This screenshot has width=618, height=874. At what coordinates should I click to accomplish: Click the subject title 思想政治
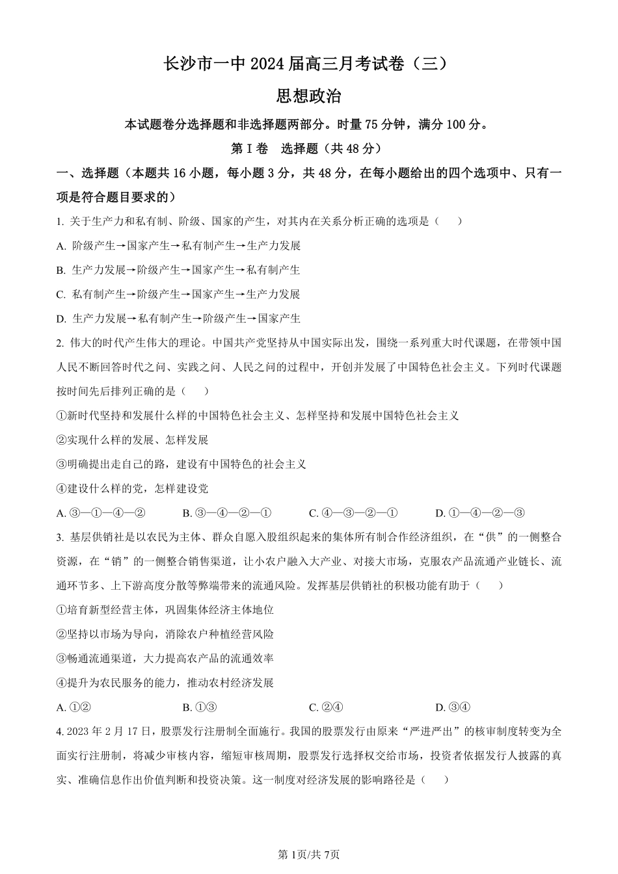309,96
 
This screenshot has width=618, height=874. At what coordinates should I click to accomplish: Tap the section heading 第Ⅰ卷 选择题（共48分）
308,148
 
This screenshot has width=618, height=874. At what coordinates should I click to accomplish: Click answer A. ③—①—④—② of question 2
101,513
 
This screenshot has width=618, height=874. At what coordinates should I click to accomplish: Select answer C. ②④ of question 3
326,708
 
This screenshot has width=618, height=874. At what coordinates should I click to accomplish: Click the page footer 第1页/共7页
309,854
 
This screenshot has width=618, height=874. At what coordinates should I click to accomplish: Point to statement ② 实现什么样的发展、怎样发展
133,440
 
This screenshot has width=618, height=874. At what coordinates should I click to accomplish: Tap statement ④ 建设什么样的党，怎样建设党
133,488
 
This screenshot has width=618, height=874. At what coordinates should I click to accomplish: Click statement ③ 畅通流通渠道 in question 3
165,659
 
